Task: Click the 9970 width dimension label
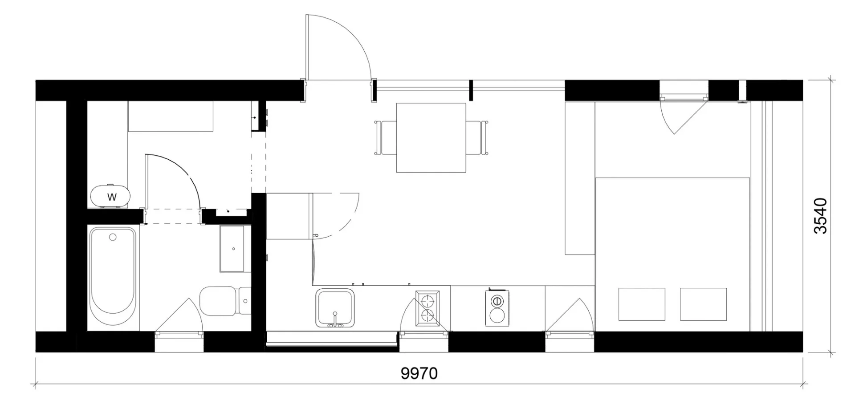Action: [419, 373]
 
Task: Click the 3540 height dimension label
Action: [820, 216]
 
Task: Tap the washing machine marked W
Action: [111, 196]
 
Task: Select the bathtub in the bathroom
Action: [113, 279]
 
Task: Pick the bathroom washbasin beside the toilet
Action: [232, 248]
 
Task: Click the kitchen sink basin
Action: [335, 307]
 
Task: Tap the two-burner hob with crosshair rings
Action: [427, 308]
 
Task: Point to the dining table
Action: [431, 137]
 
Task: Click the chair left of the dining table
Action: [386, 137]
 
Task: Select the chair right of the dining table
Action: [477, 137]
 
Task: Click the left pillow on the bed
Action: [642, 304]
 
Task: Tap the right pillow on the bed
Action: [703, 304]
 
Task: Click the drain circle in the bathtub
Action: [113, 237]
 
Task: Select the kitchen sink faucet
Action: [335, 321]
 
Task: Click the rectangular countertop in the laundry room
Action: [171, 117]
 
